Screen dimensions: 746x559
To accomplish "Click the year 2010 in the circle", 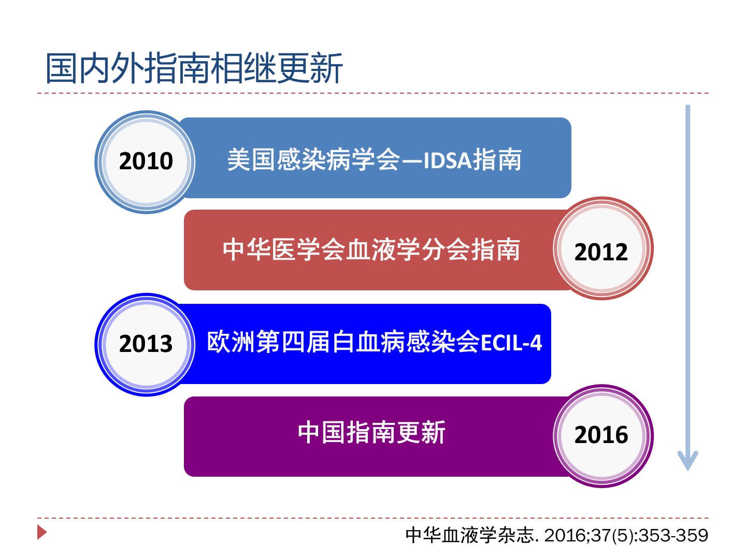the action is coord(146,161).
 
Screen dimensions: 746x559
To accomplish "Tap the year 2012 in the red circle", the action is coord(601,252).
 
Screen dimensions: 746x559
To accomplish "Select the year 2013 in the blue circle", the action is coord(146,344).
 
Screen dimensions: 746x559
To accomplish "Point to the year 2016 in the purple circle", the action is coord(601,435).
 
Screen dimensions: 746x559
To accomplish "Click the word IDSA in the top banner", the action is coord(448,160).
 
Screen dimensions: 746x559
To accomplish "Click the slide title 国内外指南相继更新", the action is coord(194,68).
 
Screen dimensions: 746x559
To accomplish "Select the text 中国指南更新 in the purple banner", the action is coord(371,432).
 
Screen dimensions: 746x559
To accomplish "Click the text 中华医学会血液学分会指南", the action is coord(371,249).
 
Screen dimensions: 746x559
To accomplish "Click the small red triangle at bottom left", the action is coord(42,532).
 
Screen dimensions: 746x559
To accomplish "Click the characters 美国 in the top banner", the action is coord(251,159).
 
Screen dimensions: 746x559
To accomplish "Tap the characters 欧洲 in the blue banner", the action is coord(231,342).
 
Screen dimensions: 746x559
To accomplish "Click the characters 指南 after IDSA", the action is coord(497,159).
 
